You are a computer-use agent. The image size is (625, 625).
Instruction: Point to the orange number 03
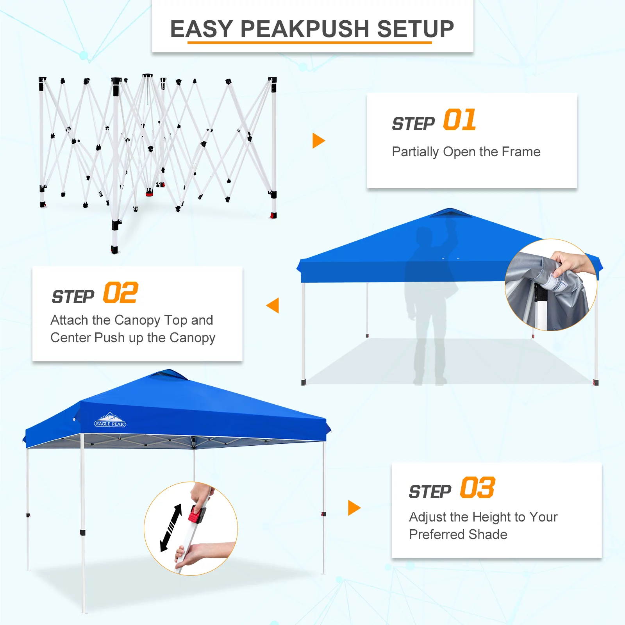[x=477, y=488]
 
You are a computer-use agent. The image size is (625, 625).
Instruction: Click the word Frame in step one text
[x=521, y=152]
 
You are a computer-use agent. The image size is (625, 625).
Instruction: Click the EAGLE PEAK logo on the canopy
[x=110, y=420]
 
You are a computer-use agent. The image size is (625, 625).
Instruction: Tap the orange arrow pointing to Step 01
[x=318, y=141]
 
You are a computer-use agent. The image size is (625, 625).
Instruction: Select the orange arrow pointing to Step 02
[x=273, y=305]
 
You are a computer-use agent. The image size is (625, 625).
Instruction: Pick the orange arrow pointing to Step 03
[x=354, y=508]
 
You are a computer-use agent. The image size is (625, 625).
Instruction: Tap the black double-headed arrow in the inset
[x=171, y=527]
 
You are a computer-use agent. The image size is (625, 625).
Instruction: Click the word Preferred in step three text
[x=437, y=534]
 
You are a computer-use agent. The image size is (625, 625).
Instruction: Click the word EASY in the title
[x=202, y=29]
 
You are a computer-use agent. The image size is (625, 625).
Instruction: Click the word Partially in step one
[x=415, y=152]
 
